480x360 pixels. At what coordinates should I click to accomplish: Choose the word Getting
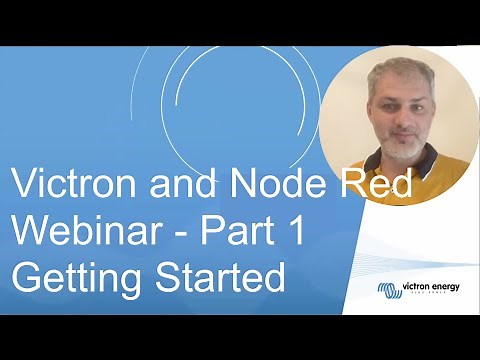(x=66, y=276)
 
